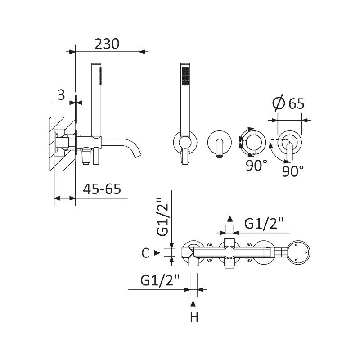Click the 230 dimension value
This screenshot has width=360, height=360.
pyautogui.click(x=107, y=44)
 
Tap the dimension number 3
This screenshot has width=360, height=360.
pyautogui.click(x=61, y=94)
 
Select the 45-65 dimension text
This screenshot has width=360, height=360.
pyautogui.click(x=102, y=189)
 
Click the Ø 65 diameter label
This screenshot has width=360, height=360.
pyautogui.click(x=288, y=103)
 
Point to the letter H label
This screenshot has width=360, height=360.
pyautogui.click(x=194, y=317)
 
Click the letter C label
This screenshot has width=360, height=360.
pyautogui.click(x=145, y=253)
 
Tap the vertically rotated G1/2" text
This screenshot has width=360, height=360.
pyautogui.click(x=163, y=217)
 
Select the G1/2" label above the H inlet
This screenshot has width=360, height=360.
pyautogui.click(x=160, y=280)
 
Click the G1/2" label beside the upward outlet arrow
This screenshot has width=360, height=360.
pyautogui.click(x=264, y=223)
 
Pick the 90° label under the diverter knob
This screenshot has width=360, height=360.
pyautogui.click(x=256, y=165)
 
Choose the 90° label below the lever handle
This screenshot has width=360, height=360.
pyautogui.click(x=293, y=171)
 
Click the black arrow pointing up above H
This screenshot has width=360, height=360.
pyautogui.click(x=193, y=303)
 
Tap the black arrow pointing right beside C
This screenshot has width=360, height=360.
pyautogui.click(x=157, y=253)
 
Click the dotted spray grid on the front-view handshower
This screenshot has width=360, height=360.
pyautogui.click(x=185, y=76)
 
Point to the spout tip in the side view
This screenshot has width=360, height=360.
pyautogui.click(x=138, y=156)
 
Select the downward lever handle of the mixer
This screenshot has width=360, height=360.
pyautogui.click(x=290, y=153)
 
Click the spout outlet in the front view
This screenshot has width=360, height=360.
pyautogui.click(x=219, y=156)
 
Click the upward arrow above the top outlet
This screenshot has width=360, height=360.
pyautogui.click(x=229, y=219)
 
